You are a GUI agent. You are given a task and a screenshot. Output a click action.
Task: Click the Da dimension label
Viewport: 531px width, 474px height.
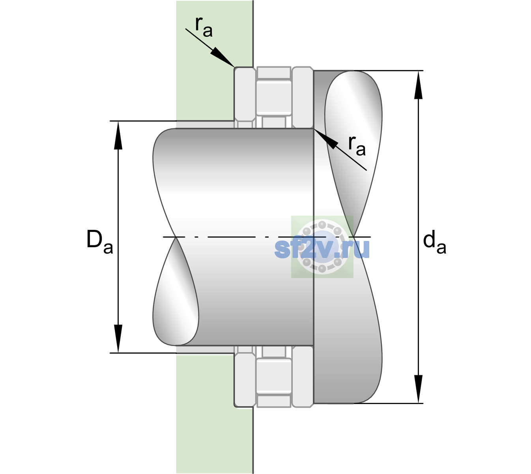coord(99,242)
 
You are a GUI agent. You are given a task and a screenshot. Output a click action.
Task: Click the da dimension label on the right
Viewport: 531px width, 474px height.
coord(434,242)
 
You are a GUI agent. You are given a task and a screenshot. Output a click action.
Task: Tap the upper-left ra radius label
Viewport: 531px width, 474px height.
coord(204,27)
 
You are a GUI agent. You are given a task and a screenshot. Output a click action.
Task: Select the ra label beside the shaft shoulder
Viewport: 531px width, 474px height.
coord(357,146)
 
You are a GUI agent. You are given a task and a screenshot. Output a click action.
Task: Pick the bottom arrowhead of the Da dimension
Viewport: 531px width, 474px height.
coord(118,339)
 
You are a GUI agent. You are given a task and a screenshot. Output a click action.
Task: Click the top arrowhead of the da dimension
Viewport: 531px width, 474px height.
coord(418,85)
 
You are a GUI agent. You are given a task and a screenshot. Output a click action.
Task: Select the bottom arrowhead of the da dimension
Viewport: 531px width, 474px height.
coord(418,389)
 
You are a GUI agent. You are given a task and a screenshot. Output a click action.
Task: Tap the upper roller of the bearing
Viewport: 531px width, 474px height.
coord(274,98)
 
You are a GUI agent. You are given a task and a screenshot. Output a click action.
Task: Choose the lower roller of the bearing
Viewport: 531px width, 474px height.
coord(274,376)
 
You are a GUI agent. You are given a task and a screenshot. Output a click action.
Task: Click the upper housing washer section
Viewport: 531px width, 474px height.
coord(245,98)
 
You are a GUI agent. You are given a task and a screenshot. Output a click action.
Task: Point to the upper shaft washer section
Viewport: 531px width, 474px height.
coord(303,98)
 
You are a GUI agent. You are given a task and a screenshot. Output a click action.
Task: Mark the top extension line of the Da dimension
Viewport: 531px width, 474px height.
coord(143,121)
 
